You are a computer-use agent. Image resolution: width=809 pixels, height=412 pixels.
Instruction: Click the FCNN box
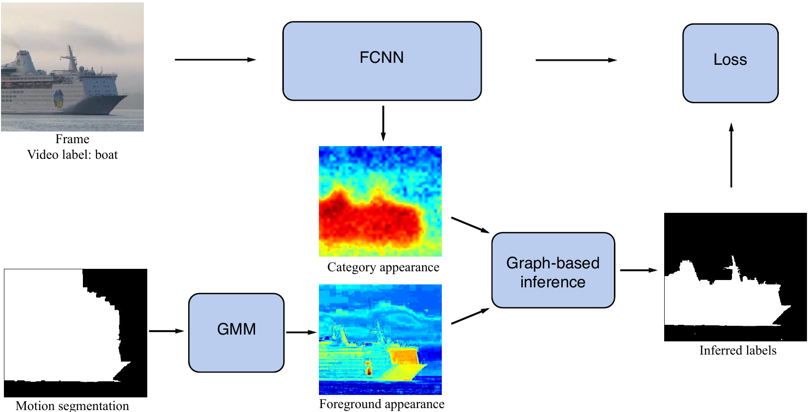pyautogui.click(x=382, y=61)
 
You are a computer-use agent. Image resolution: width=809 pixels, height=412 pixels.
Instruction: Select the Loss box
pyautogui.click(x=730, y=63)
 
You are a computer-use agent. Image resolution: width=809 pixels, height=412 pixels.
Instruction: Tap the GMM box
pyautogui.click(x=236, y=333)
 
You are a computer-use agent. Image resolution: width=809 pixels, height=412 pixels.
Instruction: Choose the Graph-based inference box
pyautogui.click(x=553, y=270)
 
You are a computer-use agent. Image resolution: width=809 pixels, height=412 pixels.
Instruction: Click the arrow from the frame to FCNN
pyautogui.click(x=215, y=59)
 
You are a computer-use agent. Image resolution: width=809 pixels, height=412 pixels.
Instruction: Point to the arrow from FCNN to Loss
pyautogui.click(x=576, y=60)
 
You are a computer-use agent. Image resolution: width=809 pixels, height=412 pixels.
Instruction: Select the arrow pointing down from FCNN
pyautogui.click(x=383, y=123)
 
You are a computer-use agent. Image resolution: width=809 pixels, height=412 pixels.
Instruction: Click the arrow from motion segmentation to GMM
pyautogui.click(x=166, y=331)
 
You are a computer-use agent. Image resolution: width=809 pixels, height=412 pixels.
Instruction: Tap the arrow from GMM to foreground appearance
pyautogui.click(x=301, y=332)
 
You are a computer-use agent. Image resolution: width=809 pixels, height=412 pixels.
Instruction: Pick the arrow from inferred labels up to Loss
pyautogui.click(x=731, y=155)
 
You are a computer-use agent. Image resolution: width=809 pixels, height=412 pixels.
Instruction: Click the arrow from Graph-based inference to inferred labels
pyautogui.click(x=638, y=270)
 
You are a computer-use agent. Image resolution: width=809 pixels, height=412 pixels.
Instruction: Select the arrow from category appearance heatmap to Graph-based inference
pyautogui.click(x=470, y=225)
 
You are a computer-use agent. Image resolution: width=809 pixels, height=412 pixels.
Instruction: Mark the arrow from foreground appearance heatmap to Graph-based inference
pyautogui.click(x=470, y=316)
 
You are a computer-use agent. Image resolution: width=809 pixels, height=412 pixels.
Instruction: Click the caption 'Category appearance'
pyautogui.click(x=383, y=267)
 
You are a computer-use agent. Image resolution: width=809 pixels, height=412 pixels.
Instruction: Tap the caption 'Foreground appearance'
pyautogui.click(x=382, y=404)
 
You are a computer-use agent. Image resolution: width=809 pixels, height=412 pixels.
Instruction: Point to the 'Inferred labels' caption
pyautogui.click(x=738, y=351)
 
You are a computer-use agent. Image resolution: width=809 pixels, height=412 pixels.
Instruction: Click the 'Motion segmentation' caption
pyautogui.click(x=72, y=406)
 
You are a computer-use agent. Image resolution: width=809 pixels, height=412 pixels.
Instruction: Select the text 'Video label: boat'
pyautogui.click(x=72, y=155)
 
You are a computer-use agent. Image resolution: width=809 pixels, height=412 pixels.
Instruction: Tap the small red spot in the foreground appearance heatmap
pyautogui.click(x=369, y=371)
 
